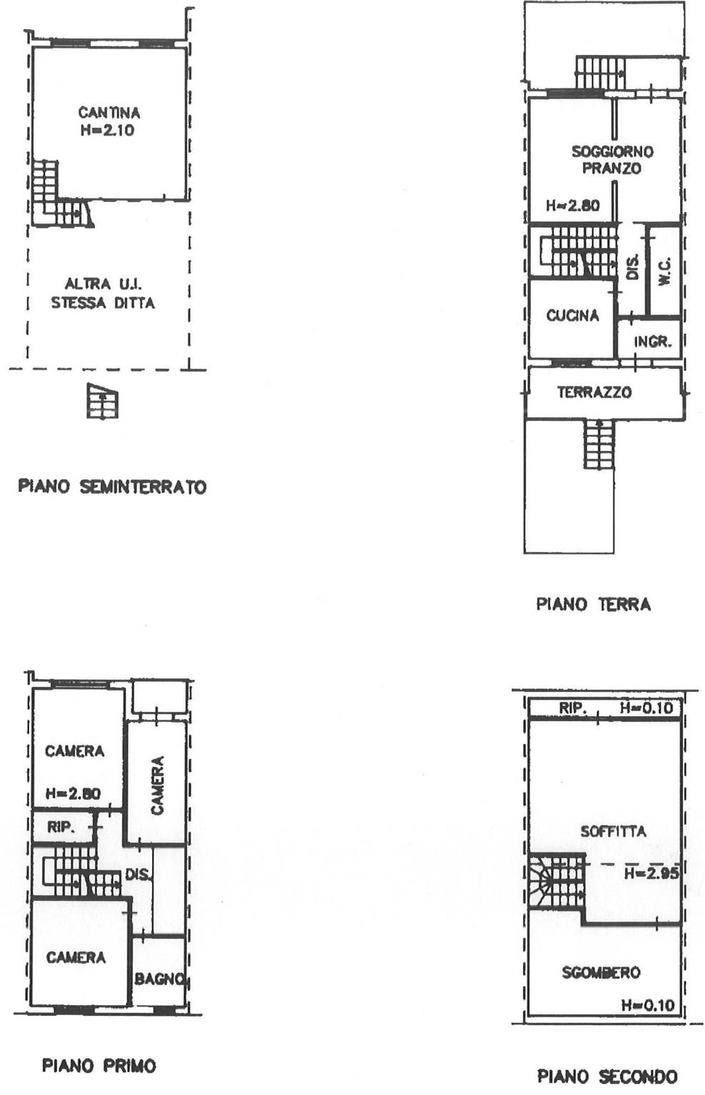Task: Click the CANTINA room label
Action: click(x=109, y=113)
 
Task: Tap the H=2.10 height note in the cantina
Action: click(x=107, y=130)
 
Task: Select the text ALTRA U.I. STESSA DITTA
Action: click(x=103, y=293)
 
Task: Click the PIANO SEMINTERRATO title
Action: click(x=112, y=487)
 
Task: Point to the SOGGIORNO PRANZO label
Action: click(x=612, y=160)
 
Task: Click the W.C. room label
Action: click(x=664, y=271)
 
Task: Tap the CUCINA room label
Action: click(x=572, y=315)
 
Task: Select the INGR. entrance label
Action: click(x=652, y=342)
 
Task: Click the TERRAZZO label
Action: click(x=594, y=392)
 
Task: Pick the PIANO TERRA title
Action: click(x=594, y=604)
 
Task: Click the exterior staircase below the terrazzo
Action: click(x=599, y=444)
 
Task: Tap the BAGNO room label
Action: click(x=159, y=979)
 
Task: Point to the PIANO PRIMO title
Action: click(x=99, y=1065)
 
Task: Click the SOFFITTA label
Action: click(x=613, y=831)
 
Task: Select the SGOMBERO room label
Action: click(x=601, y=972)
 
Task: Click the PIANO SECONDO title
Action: click(x=607, y=1076)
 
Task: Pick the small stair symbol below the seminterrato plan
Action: click(x=103, y=401)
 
